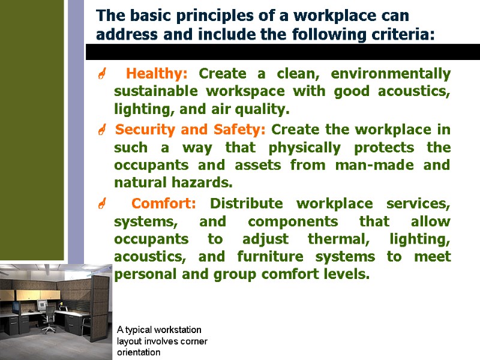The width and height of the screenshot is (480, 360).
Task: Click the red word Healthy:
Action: pos(157,74)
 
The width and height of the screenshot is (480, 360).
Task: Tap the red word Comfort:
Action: pos(163,203)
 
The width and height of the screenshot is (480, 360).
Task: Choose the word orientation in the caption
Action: pos(139,352)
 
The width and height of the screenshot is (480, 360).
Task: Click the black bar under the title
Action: pos(282,52)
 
